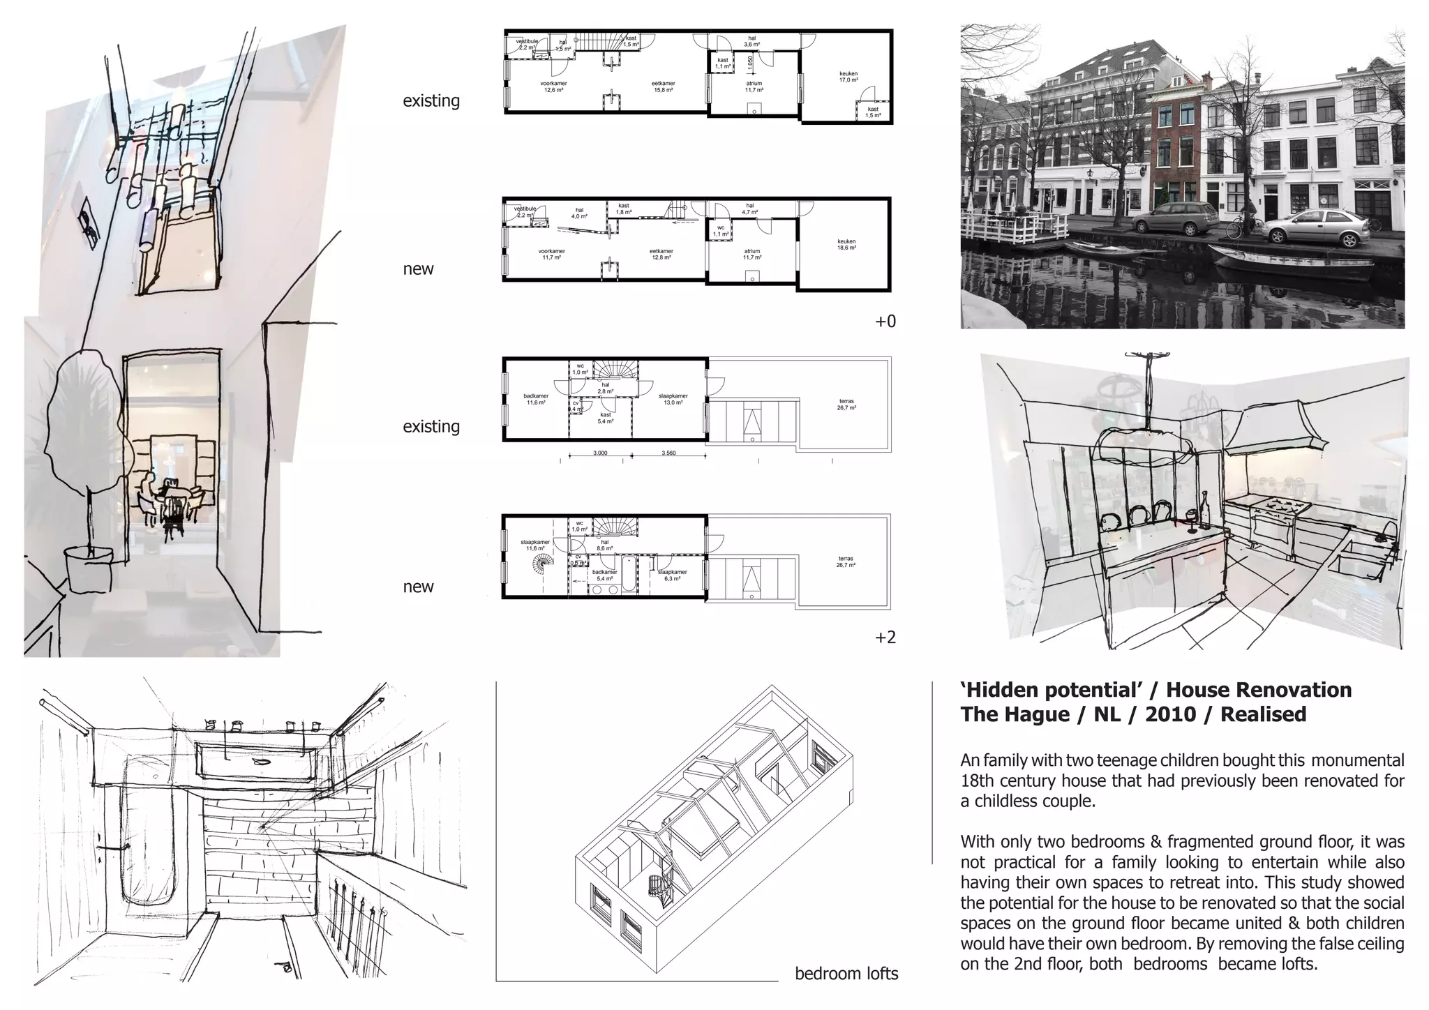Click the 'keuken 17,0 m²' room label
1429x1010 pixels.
(848, 77)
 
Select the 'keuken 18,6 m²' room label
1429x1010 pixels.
(846, 245)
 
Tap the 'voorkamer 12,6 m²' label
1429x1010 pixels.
(553, 86)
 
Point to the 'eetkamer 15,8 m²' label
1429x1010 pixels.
(663, 86)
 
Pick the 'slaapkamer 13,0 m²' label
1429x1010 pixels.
(673, 399)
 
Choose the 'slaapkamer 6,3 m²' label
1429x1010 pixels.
(673, 575)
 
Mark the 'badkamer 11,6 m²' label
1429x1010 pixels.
(536, 399)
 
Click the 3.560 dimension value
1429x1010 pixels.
(668, 453)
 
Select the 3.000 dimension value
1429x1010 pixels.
(600, 453)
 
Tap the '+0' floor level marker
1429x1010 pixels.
(885, 322)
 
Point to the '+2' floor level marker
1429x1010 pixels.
(885, 637)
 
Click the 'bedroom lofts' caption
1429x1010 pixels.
(846, 974)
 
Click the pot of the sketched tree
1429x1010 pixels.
(88, 569)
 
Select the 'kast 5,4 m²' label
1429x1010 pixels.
(605, 419)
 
